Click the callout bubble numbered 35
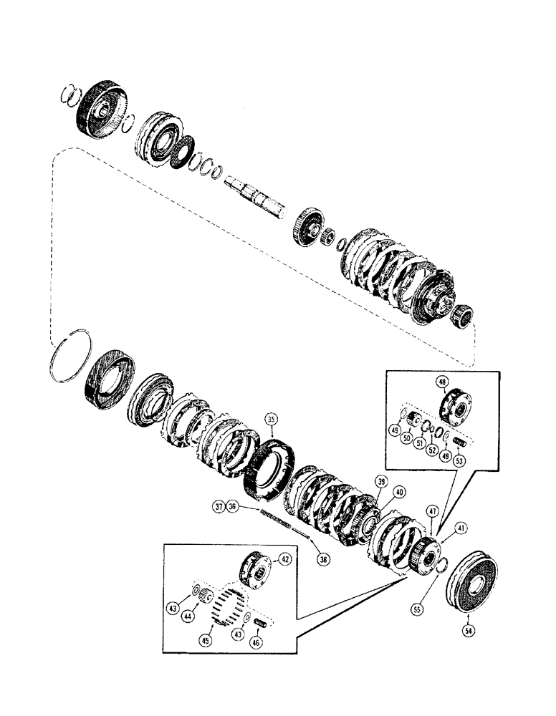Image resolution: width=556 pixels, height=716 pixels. (x=270, y=418)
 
